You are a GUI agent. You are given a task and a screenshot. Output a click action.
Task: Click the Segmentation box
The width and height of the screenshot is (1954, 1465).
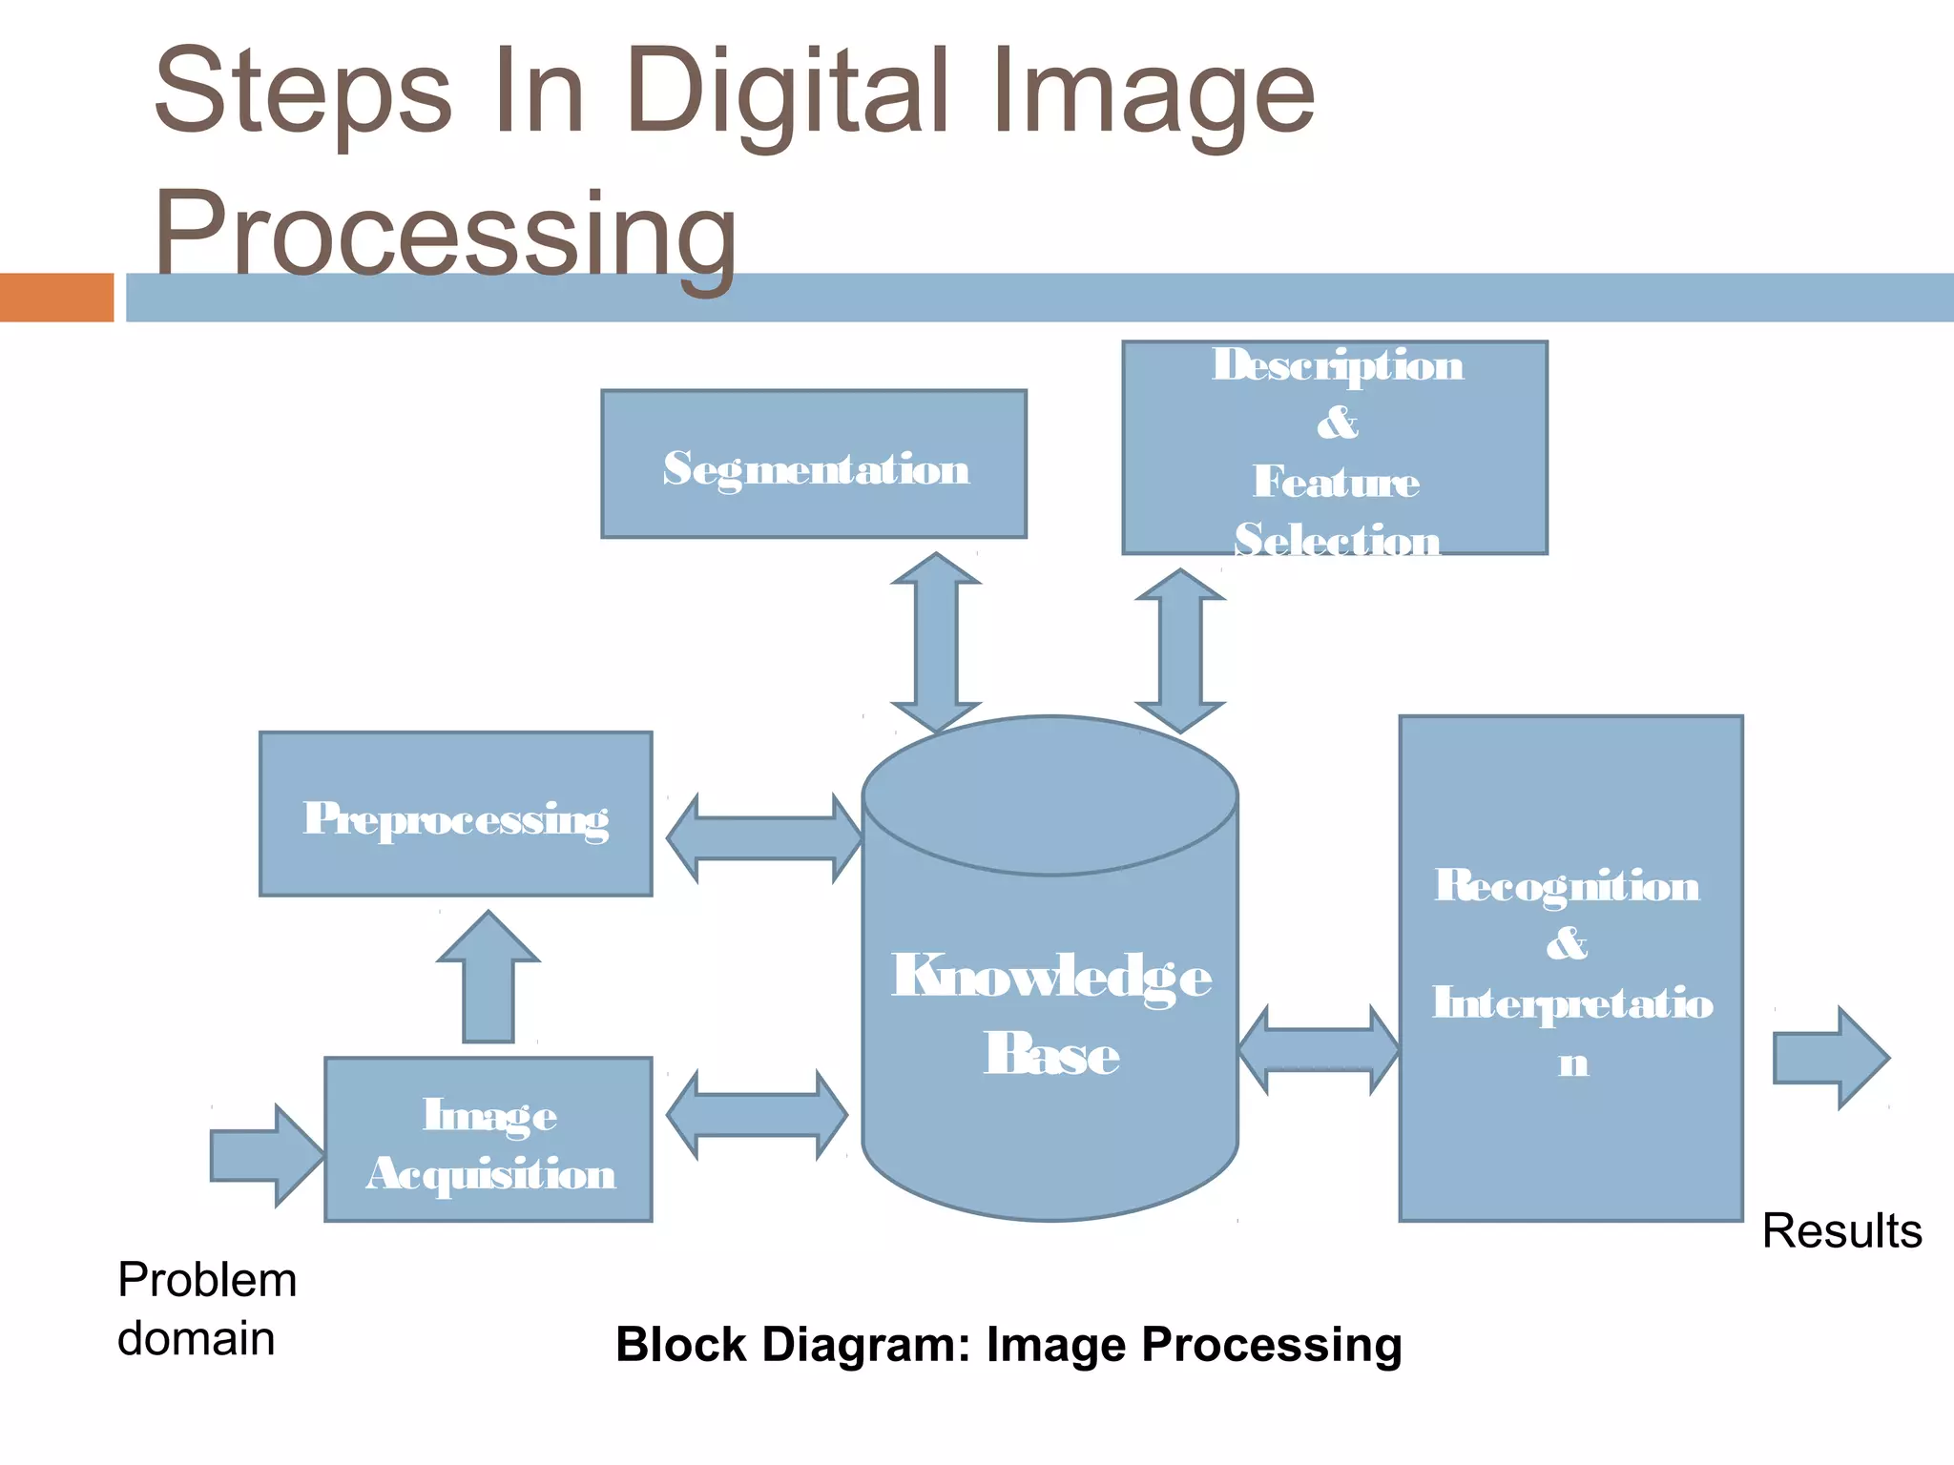click(x=814, y=464)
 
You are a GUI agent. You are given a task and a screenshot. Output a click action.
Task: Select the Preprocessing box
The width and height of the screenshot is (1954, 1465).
click(x=456, y=815)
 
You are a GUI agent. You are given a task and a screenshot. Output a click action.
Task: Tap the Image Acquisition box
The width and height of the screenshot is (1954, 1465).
click(x=488, y=1140)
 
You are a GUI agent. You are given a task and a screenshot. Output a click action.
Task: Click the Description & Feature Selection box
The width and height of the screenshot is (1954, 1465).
click(x=1335, y=448)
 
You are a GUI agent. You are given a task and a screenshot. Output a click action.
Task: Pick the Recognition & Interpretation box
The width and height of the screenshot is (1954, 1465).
click(x=1570, y=968)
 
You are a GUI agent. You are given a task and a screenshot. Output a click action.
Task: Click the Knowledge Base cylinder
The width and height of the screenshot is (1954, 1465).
click(x=1050, y=1011)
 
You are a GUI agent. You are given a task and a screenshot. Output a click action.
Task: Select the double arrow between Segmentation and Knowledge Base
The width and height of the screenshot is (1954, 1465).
click(x=936, y=643)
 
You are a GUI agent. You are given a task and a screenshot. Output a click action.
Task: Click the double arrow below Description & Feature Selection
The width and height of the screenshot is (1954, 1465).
click(x=1180, y=651)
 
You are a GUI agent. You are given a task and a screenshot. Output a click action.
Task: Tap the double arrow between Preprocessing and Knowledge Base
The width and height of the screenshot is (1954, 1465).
click(x=765, y=838)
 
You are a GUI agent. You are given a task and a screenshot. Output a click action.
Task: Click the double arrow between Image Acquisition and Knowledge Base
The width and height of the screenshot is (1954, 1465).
click(x=758, y=1114)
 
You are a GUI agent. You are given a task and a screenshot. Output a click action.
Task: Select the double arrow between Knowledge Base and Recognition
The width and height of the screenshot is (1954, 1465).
click(x=1319, y=1050)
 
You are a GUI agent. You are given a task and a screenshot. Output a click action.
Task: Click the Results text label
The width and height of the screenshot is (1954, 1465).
click(x=1841, y=1231)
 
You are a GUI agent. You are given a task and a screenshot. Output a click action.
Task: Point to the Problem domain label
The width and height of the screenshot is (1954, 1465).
click(x=206, y=1309)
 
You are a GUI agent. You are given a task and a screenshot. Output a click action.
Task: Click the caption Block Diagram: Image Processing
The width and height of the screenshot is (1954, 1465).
click(x=1008, y=1345)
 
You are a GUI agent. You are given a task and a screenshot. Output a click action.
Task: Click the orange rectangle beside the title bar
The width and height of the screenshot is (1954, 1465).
click(x=56, y=298)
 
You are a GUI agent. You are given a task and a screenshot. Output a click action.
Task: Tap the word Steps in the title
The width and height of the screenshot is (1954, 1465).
click(x=302, y=93)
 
